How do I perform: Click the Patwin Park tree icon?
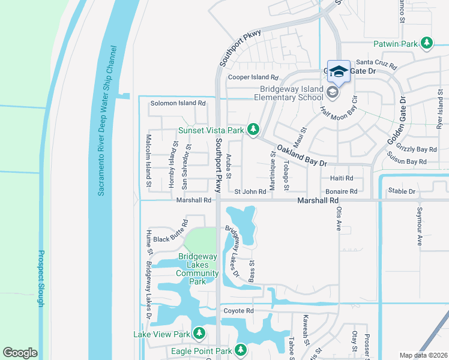427,43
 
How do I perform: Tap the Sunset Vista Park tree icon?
254,129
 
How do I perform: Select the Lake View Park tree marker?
199,334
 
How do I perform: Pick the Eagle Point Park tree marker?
241,349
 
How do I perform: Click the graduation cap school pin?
339,71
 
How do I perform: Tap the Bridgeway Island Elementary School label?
289,93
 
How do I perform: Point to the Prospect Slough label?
41,278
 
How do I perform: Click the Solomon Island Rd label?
178,103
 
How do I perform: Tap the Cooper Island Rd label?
253,77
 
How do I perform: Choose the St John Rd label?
250,191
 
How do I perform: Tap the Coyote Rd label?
239,311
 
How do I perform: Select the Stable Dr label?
402,191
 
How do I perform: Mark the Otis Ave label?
339,219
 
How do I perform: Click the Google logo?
20,353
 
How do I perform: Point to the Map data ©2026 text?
423,355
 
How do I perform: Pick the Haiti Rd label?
342,178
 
